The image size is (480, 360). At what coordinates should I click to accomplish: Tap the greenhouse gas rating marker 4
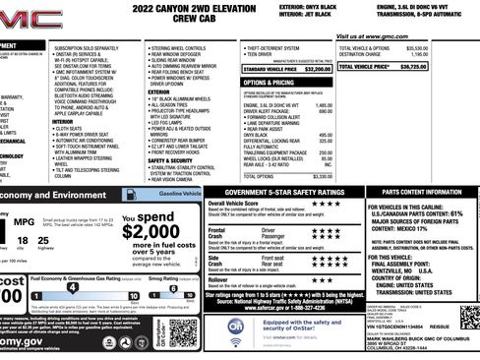(x=71, y=285)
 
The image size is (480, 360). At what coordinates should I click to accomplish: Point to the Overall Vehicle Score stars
(x=324, y=204)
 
